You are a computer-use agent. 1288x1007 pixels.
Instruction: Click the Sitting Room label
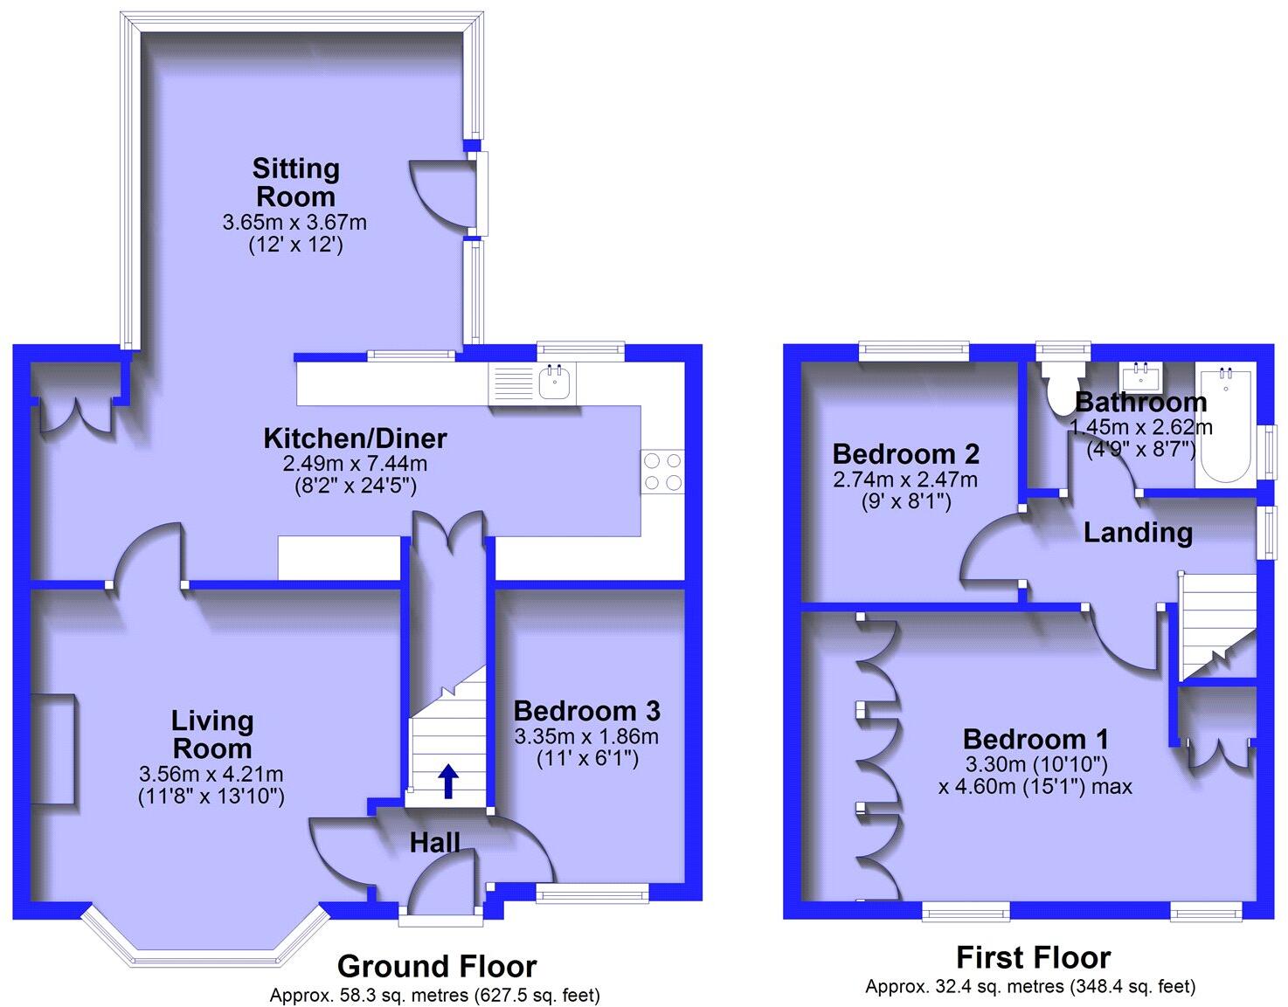294,182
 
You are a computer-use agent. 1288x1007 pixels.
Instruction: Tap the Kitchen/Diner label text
355,438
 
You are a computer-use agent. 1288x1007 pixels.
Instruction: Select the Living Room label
212,735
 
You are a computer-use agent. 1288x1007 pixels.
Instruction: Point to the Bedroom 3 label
586,710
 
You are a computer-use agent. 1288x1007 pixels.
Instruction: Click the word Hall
435,843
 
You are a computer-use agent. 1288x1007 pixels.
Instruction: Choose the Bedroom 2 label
905,454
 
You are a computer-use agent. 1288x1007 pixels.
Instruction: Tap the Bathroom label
1140,403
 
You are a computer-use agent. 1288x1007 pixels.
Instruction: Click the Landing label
1138,533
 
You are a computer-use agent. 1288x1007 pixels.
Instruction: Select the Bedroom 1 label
1035,739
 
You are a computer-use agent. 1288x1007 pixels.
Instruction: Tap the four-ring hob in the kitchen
661,471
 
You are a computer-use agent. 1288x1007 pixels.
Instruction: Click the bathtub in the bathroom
1226,425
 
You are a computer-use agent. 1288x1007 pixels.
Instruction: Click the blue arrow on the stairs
447,781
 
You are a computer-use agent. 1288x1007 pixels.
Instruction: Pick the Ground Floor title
436,967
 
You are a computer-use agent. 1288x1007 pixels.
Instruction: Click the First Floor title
1033,958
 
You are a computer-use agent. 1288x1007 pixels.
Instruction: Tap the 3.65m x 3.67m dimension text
294,223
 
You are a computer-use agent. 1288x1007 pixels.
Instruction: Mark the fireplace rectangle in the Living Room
56,748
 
